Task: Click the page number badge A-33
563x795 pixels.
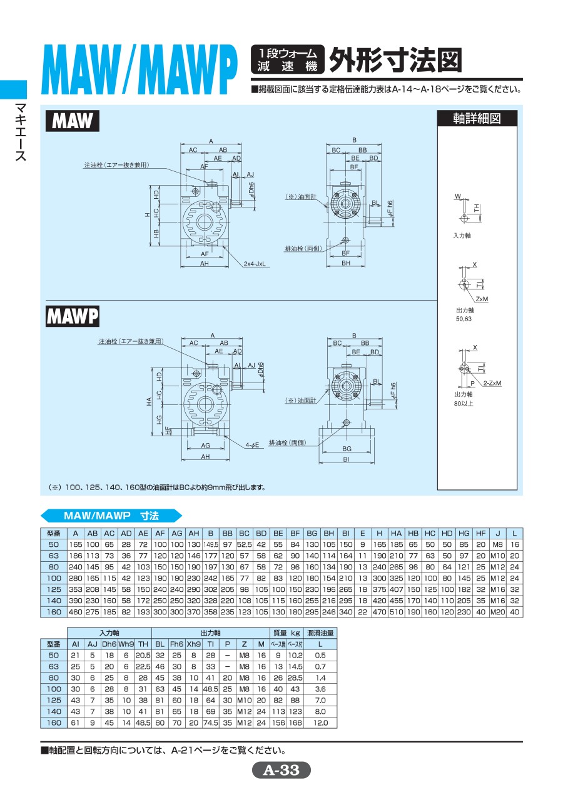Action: (281, 770)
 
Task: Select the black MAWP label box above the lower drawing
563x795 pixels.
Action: (73, 317)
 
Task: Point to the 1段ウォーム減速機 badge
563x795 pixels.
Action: (287, 60)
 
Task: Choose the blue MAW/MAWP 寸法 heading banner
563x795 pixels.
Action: (111, 516)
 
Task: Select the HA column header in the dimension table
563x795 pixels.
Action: (396, 533)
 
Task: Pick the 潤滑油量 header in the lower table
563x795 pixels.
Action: (320, 632)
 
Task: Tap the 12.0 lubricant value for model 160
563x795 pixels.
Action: (320, 722)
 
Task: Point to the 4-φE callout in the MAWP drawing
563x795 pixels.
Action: (253, 445)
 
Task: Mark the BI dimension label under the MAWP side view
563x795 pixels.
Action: (347, 459)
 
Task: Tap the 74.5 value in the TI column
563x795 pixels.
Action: (210, 722)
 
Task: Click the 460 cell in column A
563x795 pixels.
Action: (75, 612)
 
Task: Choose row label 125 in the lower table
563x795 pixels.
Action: (53, 700)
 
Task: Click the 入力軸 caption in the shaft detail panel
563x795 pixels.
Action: (462, 236)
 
